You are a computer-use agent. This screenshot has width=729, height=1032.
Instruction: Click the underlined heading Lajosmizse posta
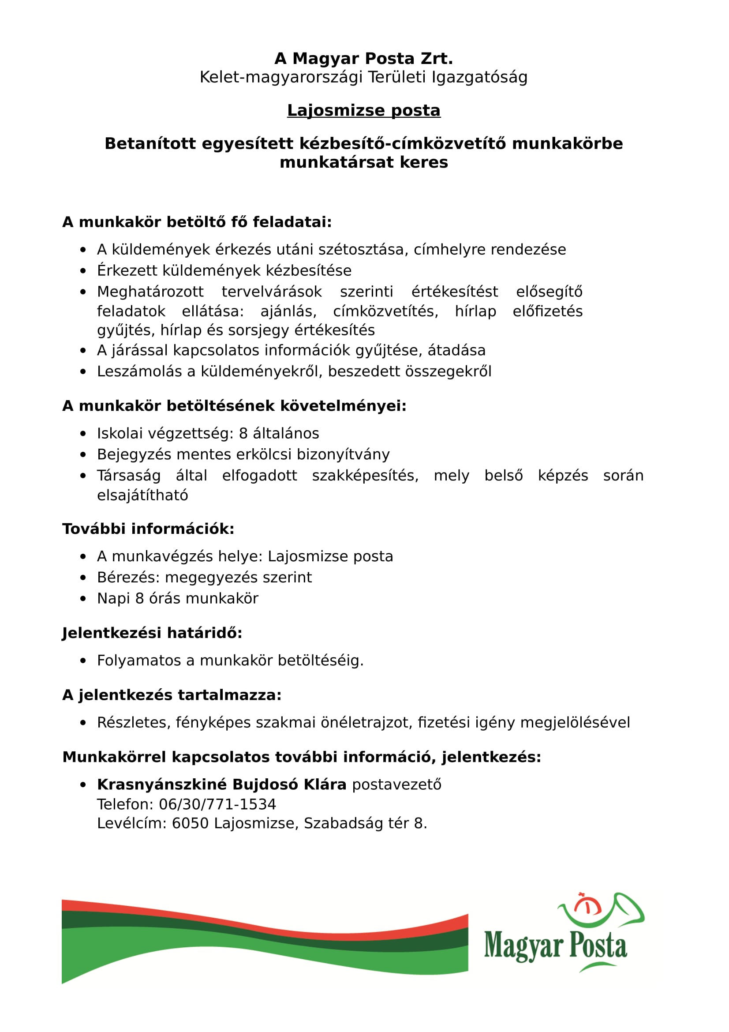click(x=364, y=111)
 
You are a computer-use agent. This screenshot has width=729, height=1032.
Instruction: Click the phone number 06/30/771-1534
click(x=217, y=804)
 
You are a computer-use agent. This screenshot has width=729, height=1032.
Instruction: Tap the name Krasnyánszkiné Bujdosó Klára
click(x=221, y=784)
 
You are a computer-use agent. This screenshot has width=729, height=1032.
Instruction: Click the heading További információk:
click(x=148, y=529)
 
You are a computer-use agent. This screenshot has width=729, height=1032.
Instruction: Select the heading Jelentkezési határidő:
click(x=152, y=633)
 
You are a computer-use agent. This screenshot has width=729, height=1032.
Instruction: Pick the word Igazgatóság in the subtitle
click(x=479, y=77)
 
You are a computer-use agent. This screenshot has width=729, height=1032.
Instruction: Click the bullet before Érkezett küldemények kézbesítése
click(x=82, y=271)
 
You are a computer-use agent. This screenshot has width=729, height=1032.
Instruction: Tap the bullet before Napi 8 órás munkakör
click(x=82, y=599)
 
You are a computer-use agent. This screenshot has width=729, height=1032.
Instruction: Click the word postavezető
click(x=396, y=784)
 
